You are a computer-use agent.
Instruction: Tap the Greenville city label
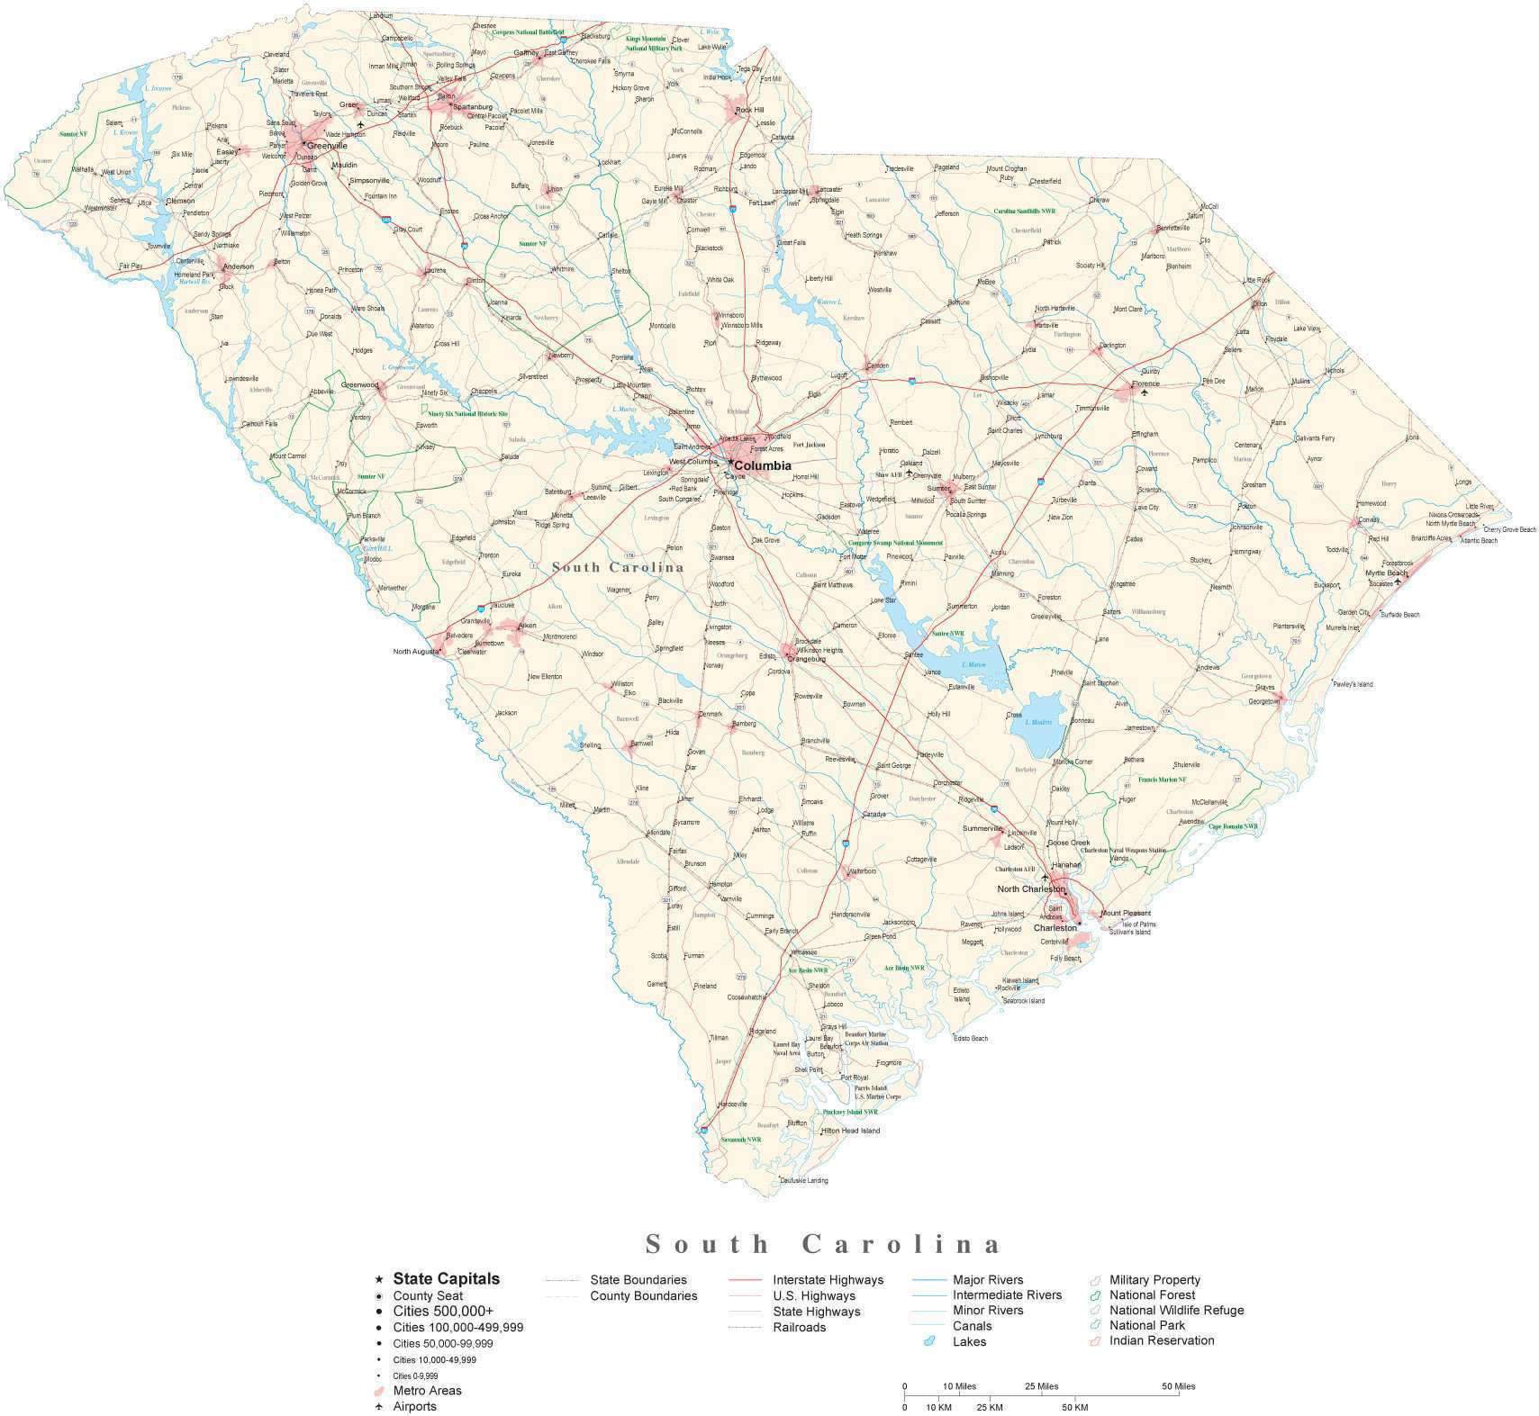pos(327,146)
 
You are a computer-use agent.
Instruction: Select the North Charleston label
pos(1031,888)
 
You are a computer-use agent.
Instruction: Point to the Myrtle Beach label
pos(1386,573)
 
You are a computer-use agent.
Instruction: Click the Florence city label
pos(1145,383)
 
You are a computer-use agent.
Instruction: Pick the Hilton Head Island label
pos(850,1131)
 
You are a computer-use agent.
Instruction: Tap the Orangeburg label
pos(806,659)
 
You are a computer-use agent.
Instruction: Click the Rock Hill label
pos(749,110)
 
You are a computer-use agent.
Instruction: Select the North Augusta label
pos(415,651)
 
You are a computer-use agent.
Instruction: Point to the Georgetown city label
pos(1263,701)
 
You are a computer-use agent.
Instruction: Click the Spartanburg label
pos(473,106)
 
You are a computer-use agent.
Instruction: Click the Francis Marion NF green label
pos(1162,780)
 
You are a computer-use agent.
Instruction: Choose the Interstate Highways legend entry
pos(828,1280)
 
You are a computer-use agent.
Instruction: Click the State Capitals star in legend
pos(379,1279)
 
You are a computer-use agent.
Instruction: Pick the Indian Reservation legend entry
pos(1162,1340)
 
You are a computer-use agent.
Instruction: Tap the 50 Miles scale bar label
pos(1178,1385)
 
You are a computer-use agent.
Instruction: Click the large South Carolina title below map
pos(823,1245)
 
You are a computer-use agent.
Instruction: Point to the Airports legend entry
pos(414,1406)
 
